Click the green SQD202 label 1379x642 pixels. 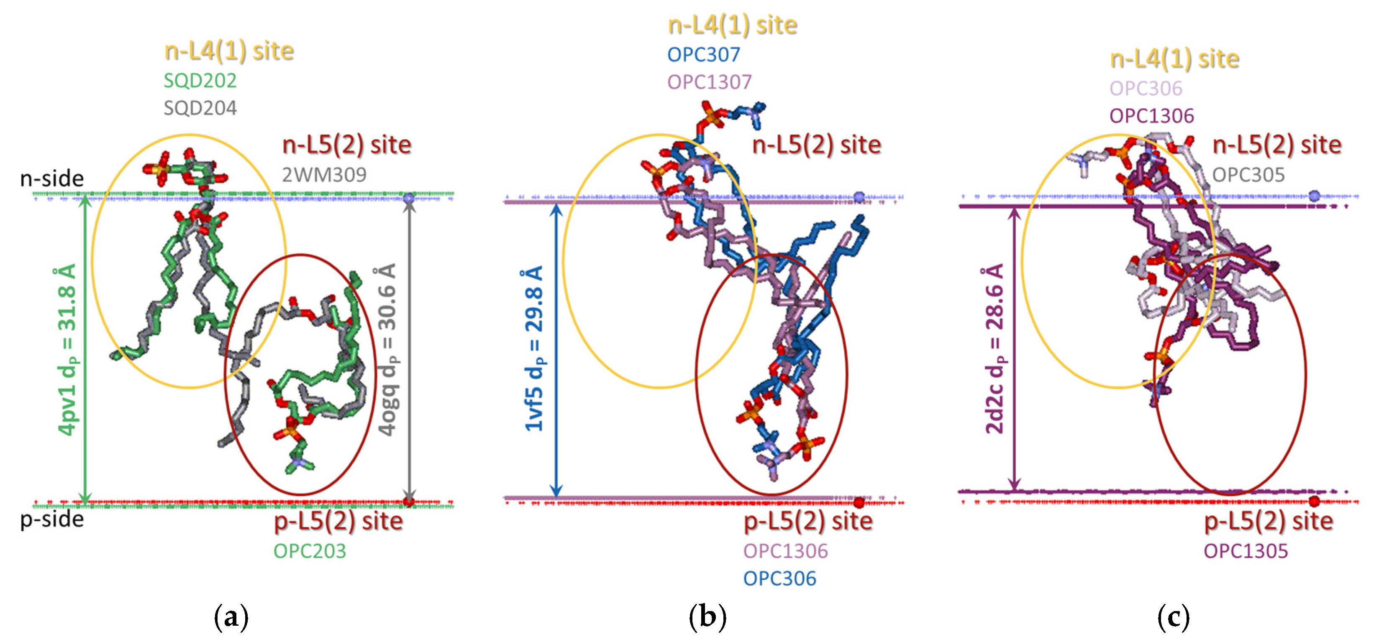[x=200, y=81]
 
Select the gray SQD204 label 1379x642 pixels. [x=200, y=109]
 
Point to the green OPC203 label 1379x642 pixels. [x=310, y=551]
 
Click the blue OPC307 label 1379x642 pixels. [x=703, y=55]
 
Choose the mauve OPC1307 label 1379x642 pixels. [x=709, y=82]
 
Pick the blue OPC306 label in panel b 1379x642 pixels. [x=779, y=579]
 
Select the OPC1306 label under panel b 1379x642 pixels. [x=785, y=551]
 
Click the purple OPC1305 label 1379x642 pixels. [x=1246, y=551]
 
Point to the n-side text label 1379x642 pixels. [x=52, y=179]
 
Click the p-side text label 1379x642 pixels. [x=52, y=520]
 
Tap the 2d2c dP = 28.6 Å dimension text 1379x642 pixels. [x=994, y=349]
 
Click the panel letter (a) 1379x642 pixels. [x=231, y=618]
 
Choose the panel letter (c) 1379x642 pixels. [x=1173, y=618]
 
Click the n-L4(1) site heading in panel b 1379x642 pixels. [x=732, y=25]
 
